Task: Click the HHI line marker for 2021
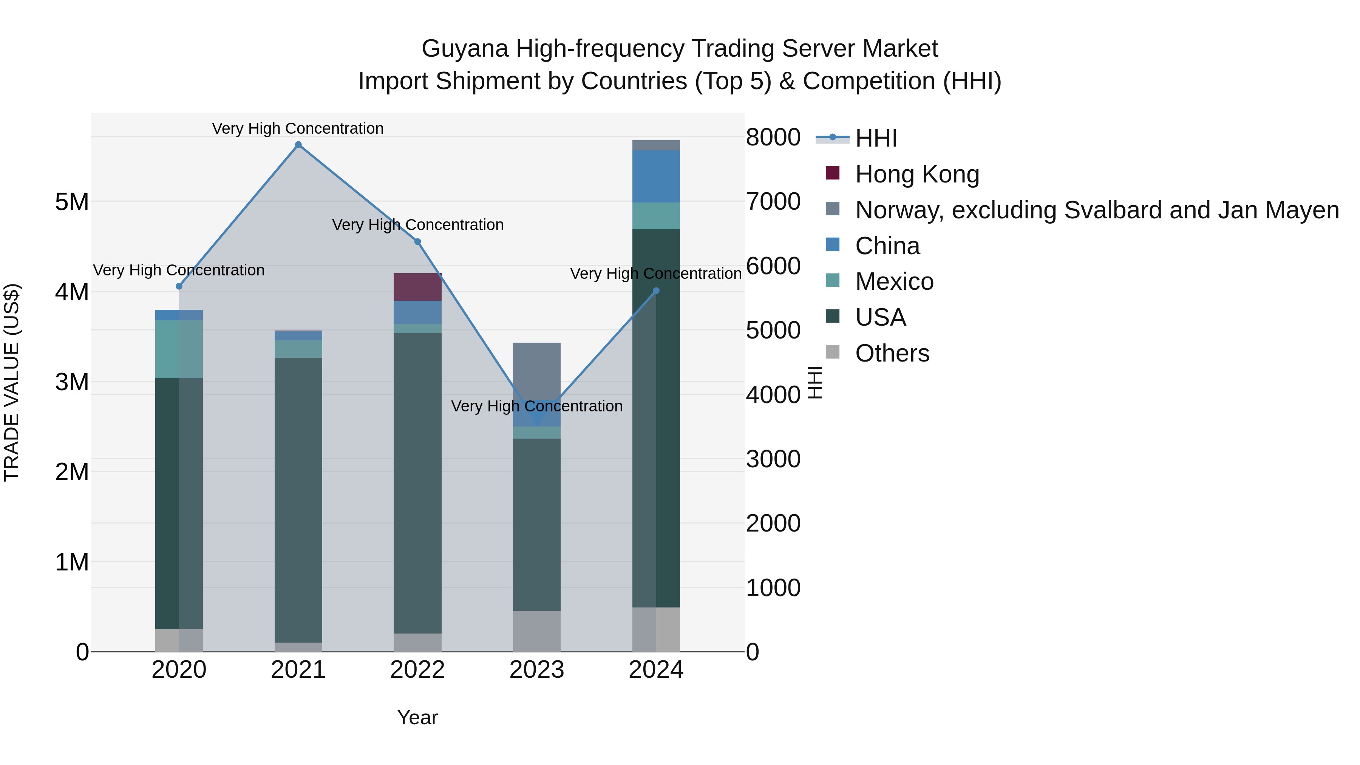(x=298, y=145)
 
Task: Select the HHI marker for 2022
(x=417, y=242)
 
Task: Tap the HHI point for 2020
(x=179, y=286)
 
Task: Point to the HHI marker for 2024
(x=656, y=291)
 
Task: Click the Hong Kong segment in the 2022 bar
(x=417, y=287)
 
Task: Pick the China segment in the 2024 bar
(x=656, y=176)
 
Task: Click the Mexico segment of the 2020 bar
(x=179, y=349)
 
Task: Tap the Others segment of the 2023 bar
(x=537, y=631)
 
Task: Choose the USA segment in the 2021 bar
(x=298, y=499)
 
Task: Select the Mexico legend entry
(x=894, y=281)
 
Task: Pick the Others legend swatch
(x=833, y=352)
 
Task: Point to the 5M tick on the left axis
(x=72, y=202)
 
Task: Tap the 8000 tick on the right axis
(x=773, y=137)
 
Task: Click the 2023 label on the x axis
(x=537, y=670)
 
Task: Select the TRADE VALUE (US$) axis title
(x=12, y=382)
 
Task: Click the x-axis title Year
(x=417, y=717)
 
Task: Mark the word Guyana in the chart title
(x=465, y=49)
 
